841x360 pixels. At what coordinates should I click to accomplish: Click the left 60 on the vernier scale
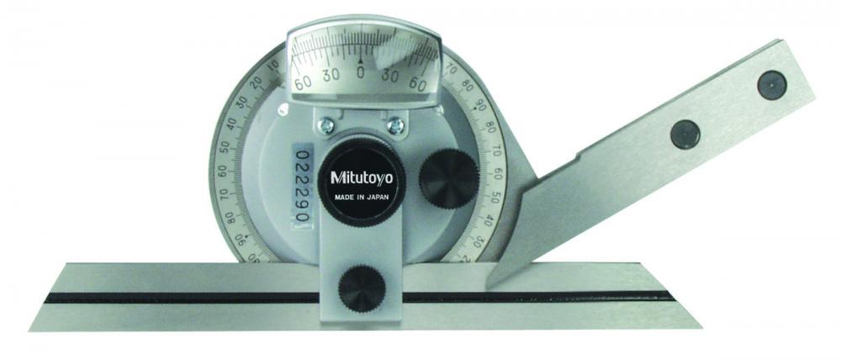[x=302, y=82]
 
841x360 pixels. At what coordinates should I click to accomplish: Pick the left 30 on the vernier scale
[x=331, y=75]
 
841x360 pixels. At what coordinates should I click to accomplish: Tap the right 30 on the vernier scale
[x=392, y=75]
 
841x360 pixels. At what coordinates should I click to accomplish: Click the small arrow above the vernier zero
[x=361, y=61]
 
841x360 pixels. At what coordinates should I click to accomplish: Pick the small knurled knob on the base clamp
[x=361, y=287]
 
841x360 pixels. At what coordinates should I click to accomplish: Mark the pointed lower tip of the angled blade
[x=489, y=285]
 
